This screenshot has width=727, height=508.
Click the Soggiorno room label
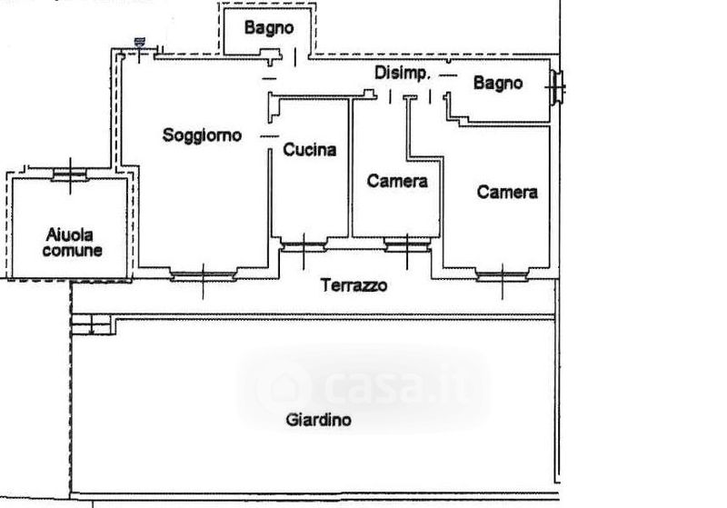click(203, 135)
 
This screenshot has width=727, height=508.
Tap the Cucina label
click(309, 150)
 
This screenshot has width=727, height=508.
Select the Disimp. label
click(402, 73)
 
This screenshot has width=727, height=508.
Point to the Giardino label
click(318, 420)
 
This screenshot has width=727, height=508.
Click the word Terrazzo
click(354, 285)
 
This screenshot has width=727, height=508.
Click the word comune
click(72, 251)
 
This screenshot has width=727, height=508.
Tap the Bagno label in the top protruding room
click(269, 28)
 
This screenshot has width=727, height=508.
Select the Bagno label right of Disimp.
click(498, 84)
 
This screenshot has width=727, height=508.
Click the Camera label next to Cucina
click(397, 181)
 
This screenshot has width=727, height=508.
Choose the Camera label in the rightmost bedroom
click(507, 192)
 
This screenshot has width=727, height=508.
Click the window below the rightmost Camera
click(504, 274)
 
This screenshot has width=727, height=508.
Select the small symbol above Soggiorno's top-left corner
click(139, 41)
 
